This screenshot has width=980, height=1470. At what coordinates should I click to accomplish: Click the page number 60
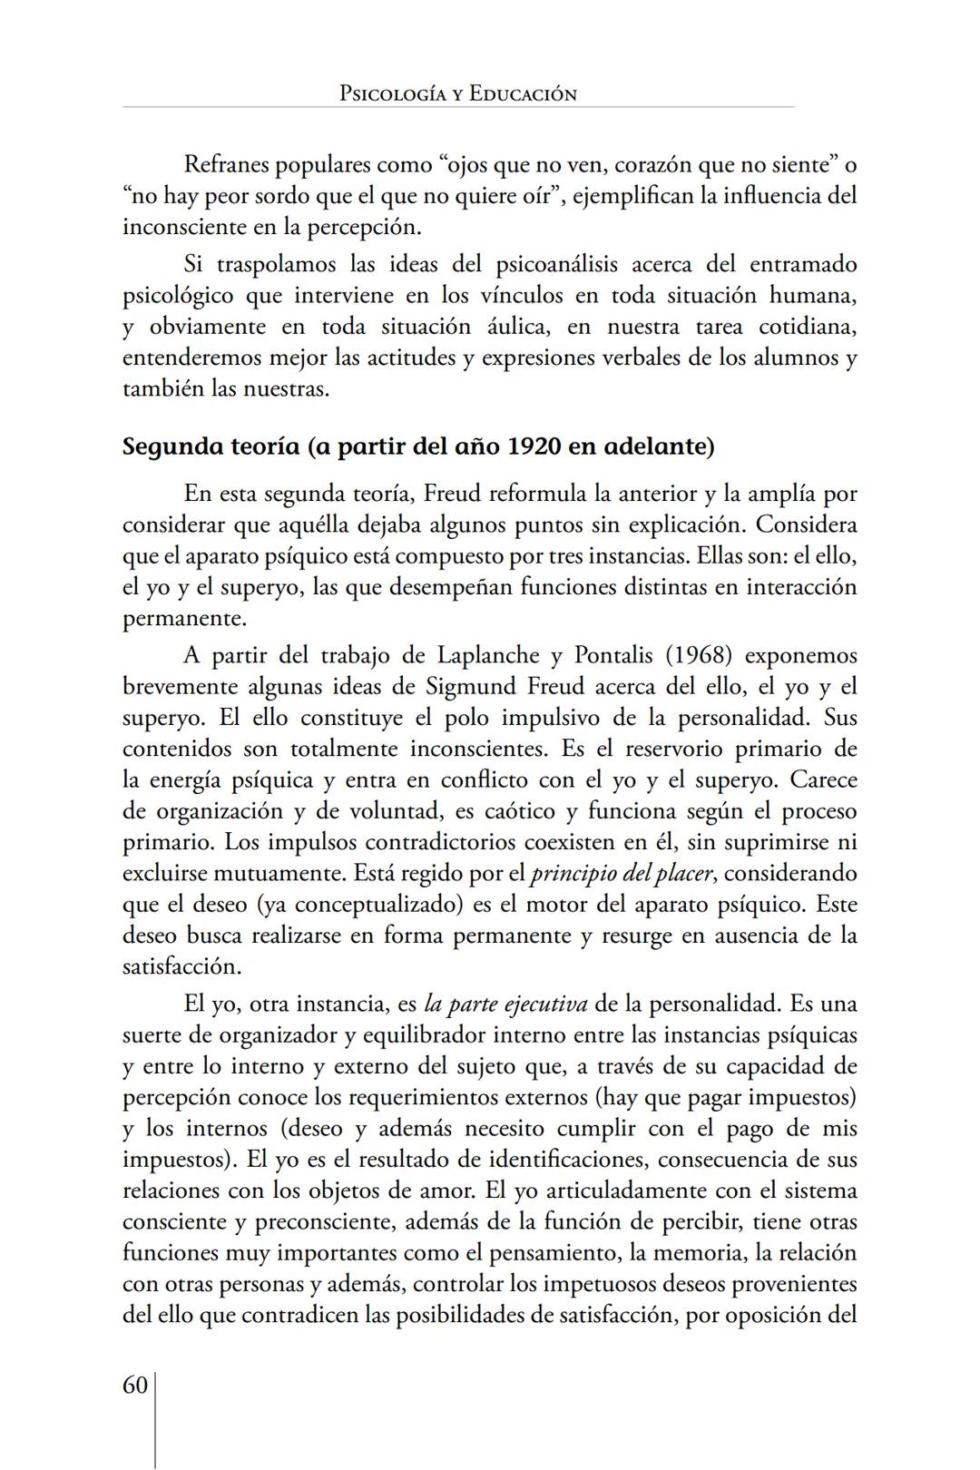(x=135, y=1385)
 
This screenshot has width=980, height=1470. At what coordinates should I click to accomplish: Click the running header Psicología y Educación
(x=457, y=93)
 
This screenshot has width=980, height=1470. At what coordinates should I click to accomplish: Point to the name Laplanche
(x=486, y=655)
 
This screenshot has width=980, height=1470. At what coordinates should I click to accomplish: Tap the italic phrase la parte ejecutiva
(x=505, y=1004)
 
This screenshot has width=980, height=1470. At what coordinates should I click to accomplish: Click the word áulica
(x=518, y=327)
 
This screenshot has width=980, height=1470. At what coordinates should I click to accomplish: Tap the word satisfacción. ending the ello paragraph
(x=181, y=966)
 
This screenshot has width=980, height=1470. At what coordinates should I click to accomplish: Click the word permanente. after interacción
(x=184, y=619)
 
